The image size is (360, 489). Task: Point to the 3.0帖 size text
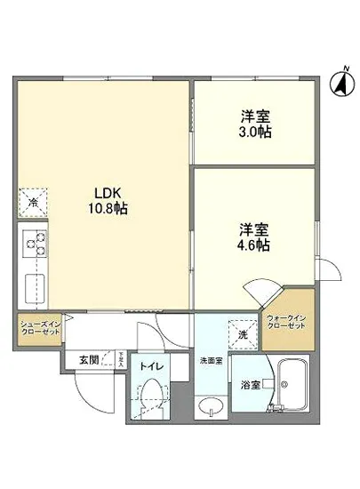(x=255, y=132)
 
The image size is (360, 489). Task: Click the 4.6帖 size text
(x=255, y=245)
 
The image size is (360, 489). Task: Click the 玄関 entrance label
(x=88, y=360)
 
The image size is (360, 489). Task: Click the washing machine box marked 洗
(x=242, y=333)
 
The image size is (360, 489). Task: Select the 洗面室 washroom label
(x=210, y=362)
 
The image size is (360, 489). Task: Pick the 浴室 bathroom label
(x=248, y=386)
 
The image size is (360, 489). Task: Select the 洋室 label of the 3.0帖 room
(x=255, y=116)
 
